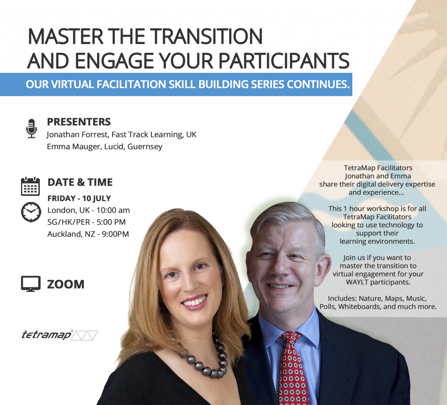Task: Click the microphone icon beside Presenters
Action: tap(31, 129)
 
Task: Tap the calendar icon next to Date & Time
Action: tap(30, 186)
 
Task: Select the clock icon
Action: tap(31, 212)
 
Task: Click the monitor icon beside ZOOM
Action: tap(31, 284)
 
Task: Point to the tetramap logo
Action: tap(60, 335)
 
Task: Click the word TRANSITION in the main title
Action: tap(206, 37)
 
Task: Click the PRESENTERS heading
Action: tap(79, 122)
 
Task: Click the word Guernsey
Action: tap(145, 147)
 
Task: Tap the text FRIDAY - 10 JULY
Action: tap(79, 198)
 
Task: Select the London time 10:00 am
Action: tap(113, 210)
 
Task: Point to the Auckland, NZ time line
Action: tap(88, 234)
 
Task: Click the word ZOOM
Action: tap(66, 284)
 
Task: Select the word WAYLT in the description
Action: tap(357, 282)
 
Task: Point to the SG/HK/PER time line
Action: tap(86, 222)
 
